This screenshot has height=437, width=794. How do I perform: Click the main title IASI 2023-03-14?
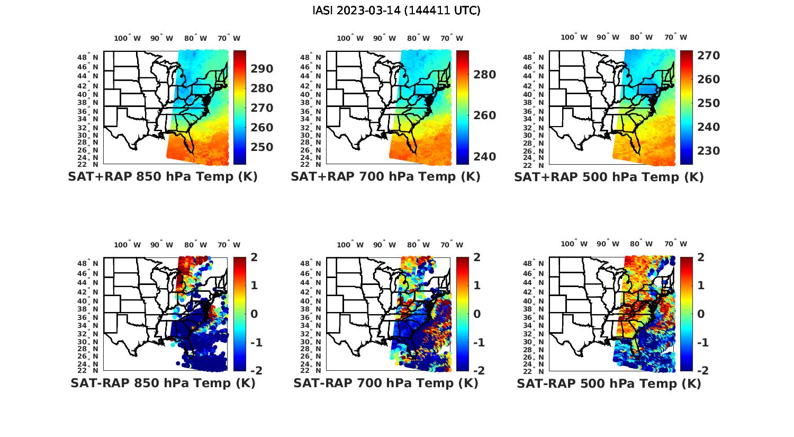396,11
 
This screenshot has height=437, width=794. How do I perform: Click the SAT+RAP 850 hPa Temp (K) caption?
163,177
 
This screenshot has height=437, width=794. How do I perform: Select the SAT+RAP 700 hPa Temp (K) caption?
385,177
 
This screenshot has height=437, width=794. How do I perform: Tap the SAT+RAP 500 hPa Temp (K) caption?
609,177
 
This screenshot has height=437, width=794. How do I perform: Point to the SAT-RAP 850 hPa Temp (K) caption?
163,384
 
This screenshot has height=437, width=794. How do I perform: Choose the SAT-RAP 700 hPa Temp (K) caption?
385,384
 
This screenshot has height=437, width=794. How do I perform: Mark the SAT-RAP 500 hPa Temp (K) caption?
609,384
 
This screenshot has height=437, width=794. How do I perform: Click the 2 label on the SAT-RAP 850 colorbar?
254,257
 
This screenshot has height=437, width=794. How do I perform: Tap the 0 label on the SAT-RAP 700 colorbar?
477,314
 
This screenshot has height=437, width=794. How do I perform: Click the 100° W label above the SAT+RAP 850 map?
128,38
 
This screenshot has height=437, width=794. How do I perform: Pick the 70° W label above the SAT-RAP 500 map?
676,244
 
